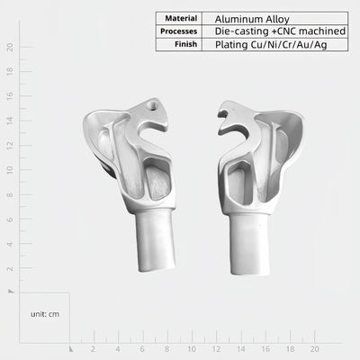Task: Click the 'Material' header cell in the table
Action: (x=182, y=18)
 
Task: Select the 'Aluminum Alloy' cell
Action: (x=245, y=18)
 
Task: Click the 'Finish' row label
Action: (x=185, y=43)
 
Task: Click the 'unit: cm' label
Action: (x=44, y=314)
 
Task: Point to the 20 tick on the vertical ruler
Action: (x=9, y=47)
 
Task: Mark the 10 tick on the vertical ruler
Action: (x=9, y=169)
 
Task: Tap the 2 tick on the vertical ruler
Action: (x=9, y=268)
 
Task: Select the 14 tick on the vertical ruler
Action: (x=9, y=121)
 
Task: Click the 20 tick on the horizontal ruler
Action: (x=313, y=348)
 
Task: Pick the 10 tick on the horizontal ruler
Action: (x=191, y=348)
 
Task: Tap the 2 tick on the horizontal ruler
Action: (x=93, y=348)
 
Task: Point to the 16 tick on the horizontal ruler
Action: (x=265, y=348)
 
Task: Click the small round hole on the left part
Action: (x=153, y=105)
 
